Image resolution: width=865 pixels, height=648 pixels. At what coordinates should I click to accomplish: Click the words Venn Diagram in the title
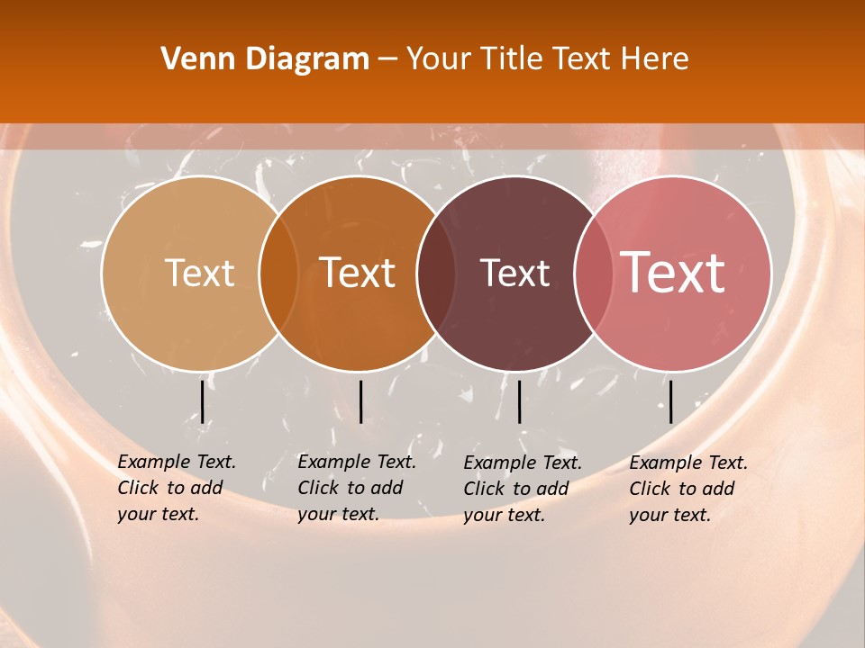coord(265,59)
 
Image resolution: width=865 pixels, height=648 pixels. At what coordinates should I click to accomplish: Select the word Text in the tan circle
coord(199,274)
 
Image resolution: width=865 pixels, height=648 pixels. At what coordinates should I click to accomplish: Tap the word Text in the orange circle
coord(358,274)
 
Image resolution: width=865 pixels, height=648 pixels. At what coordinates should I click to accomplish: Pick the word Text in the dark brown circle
coord(514,274)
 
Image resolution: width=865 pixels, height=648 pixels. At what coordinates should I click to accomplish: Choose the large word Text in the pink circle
coord(673,273)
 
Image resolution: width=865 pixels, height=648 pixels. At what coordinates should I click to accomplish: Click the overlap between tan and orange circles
coord(278,274)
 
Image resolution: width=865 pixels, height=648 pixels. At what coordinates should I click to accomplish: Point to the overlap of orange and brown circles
coord(435,274)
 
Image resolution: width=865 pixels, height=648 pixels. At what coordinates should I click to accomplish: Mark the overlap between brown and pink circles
coord(592,274)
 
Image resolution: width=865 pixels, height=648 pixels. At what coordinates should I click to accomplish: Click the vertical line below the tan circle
coord(203,402)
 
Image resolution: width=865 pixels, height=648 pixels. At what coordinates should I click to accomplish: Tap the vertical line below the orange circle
coord(360,402)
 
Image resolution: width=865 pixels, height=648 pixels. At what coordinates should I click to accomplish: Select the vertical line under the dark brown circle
coord(520,402)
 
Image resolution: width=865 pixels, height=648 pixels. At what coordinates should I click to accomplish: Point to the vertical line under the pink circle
coord(670,402)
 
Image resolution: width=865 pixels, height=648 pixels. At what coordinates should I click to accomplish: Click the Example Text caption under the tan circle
coord(177,488)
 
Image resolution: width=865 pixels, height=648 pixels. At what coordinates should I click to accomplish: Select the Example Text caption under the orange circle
coord(357,488)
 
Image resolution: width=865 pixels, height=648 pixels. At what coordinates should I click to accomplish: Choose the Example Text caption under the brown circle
coord(523,489)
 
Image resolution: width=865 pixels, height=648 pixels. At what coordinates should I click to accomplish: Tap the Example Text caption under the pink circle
coord(688,489)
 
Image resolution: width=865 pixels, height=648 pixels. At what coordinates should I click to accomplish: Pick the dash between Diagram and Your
coord(387,60)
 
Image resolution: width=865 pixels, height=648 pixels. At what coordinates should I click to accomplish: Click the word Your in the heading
coord(437,59)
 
